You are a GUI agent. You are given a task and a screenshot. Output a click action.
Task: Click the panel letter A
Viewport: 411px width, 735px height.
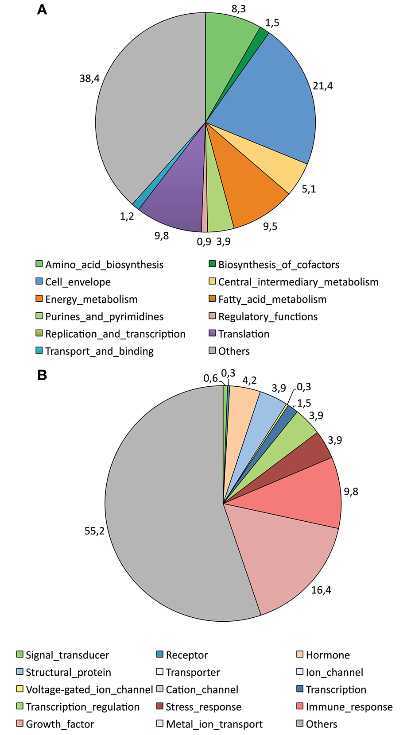tap(42, 9)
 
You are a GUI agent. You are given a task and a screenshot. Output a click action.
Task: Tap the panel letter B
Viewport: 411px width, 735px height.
tap(42, 375)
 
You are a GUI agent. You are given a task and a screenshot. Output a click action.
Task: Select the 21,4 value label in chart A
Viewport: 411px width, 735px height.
tap(322, 86)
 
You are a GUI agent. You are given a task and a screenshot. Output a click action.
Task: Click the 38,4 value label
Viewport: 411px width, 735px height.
tap(89, 78)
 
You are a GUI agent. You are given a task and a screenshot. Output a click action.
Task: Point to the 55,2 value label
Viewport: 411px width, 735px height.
tap(94, 531)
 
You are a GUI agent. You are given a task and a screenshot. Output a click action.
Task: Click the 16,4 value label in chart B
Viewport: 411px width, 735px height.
tap(321, 590)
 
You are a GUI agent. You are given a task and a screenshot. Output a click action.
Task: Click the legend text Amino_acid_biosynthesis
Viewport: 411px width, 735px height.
tap(104, 265)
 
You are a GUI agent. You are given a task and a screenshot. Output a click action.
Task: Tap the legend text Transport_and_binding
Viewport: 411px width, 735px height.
tap(99, 351)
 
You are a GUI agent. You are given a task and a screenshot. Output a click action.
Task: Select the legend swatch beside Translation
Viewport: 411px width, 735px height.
tap(212, 334)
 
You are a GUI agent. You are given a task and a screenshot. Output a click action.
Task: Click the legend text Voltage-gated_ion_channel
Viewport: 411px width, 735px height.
tap(89, 689)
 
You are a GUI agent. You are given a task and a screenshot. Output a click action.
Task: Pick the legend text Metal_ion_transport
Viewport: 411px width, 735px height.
tap(214, 724)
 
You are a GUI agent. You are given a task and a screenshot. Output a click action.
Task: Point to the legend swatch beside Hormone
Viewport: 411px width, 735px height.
tap(299, 654)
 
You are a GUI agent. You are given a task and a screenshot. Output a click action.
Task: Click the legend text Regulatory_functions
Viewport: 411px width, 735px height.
tap(268, 316)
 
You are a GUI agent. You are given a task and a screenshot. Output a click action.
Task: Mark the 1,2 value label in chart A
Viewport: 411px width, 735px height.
tap(127, 216)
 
